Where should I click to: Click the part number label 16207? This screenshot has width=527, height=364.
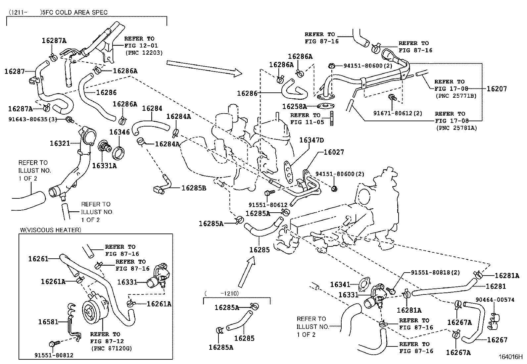click(497, 89)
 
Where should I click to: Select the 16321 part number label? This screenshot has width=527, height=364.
click(60, 143)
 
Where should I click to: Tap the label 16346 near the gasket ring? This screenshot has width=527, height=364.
click(120, 132)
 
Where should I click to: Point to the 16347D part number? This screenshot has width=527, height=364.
click(311, 140)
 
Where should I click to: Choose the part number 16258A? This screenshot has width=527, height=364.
click(294, 107)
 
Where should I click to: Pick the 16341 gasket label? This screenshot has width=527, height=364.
click(340, 285)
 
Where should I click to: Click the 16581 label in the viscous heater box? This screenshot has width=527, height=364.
click(48, 322)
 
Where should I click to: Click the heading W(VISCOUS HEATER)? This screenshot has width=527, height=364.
click(50, 230)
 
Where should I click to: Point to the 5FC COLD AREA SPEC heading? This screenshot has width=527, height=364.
click(74, 13)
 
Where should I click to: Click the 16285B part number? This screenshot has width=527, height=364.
click(194, 188)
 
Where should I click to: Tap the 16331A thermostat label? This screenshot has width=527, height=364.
click(104, 166)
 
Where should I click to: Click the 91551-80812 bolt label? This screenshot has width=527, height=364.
click(54, 355)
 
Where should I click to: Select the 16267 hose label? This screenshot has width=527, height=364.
click(497, 339)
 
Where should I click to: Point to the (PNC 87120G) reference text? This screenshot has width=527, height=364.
click(108, 348)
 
